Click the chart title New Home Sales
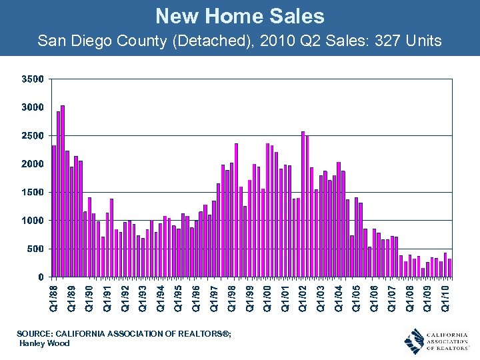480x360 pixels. click(x=240, y=15)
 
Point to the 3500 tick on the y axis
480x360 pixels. click(x=32, y=79)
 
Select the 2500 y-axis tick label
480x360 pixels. click(x=32, y=135)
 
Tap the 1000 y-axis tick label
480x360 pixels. click(x=32, y=221)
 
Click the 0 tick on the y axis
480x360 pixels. click(x=41, y=277)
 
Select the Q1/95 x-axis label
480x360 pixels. click(x=178, y=297)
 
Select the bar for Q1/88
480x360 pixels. click(x=54, y=211)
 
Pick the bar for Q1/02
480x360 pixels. click(x=303, y=204)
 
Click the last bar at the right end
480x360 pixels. click(x=449, y=267)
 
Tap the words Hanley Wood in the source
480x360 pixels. click(x=45, y=343)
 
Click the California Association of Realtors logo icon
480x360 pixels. click(x=414, y=341)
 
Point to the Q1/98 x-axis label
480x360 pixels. click(x=231, y=297)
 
